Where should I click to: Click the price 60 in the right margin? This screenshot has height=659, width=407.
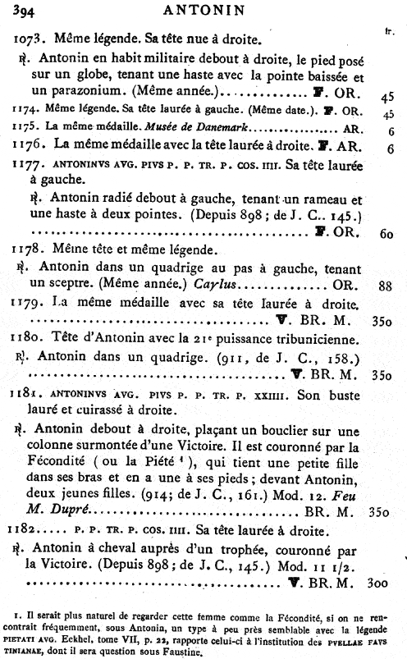[x=385, y=232]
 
